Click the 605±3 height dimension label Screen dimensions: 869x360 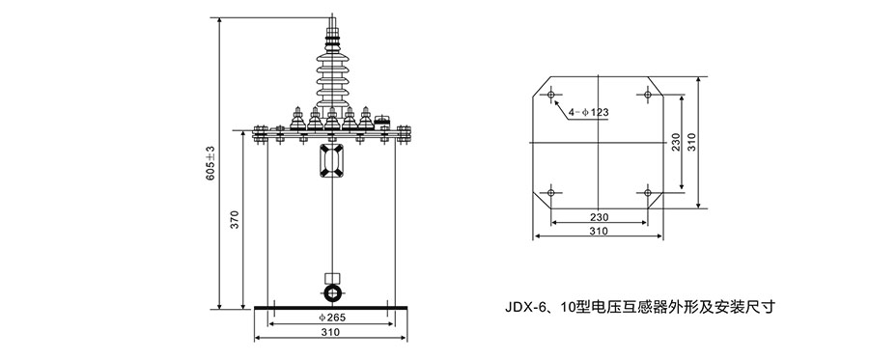tap(210, 163)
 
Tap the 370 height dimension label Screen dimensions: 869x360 tap(235, 219)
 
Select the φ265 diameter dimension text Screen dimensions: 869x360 tap(332, 318)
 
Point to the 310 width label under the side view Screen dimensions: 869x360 tap(330, 332)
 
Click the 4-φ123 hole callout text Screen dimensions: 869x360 tap(589, 112)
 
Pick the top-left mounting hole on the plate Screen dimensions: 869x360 tap(551, 96)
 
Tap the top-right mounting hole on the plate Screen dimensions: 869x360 tap(647, 96)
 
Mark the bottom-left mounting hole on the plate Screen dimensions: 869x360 tap(551, 193)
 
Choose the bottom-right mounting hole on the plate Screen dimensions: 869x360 tap(647, 193)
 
